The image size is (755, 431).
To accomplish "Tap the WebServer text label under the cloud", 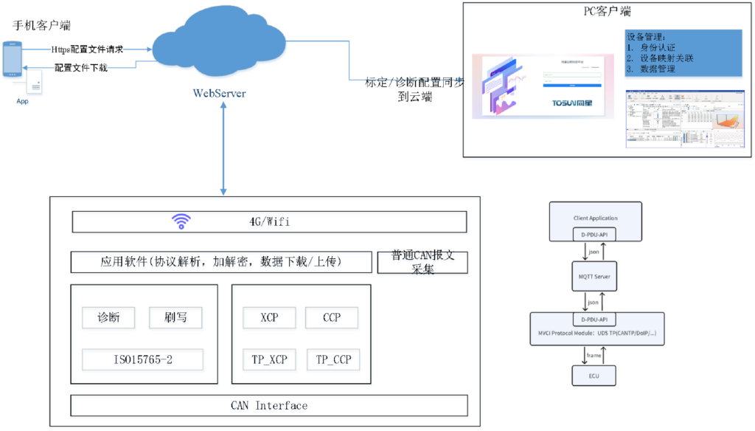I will (x=219, y=94).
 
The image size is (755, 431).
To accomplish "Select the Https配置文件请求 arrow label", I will (x=87, y=49).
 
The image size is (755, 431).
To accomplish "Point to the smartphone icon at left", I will (x=13, y=61).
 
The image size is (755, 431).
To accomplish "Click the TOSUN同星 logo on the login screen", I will (x=576, y=104).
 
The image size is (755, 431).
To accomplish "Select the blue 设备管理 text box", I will (x=683, y=54).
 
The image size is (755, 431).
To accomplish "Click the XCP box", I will (x=269, y=319).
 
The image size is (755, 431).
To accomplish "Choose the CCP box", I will (x=332, y=319).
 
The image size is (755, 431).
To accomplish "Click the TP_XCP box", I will (x=269, y=360).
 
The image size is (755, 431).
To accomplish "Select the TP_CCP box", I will (x=332, y=360).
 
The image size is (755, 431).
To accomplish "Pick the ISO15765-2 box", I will (x=143, y=360).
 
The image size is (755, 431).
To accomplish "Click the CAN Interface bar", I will (x=269, y=406).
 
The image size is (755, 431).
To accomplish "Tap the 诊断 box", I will (x=109, y=319).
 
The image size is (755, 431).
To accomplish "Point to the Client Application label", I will (x=596, y=218).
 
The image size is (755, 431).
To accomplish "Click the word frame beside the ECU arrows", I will (x=594, y=355).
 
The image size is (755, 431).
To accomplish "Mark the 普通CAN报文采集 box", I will (x=422, y=263).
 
